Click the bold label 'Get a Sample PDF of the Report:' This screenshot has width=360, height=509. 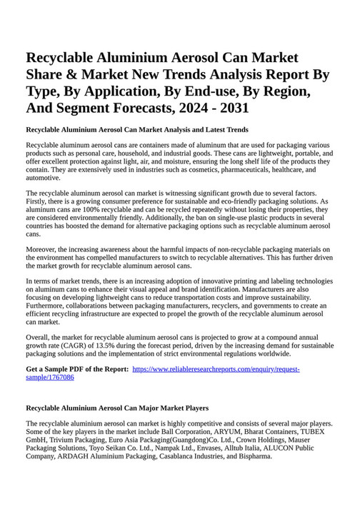pos(77,369)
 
